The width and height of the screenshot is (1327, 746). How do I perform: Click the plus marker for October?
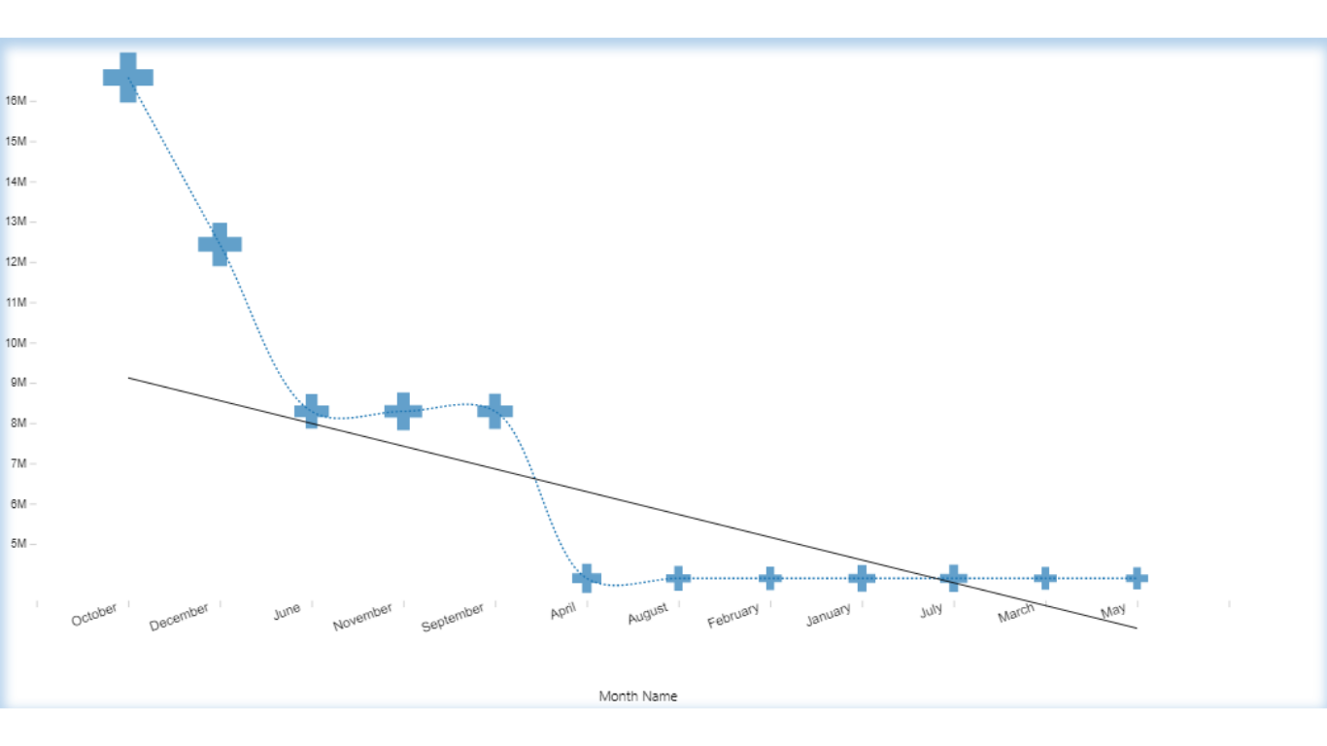128,78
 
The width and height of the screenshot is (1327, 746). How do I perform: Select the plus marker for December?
220,244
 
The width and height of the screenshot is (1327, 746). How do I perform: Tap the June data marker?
312,411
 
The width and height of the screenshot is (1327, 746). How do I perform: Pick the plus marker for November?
403,411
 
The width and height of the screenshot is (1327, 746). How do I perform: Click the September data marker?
495,411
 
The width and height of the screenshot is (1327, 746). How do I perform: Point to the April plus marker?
587,578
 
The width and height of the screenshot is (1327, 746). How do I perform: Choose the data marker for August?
678,578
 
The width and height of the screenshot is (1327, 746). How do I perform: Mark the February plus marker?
770,578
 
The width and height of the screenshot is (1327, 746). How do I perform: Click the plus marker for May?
1137,578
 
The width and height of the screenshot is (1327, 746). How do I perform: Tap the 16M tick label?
16,101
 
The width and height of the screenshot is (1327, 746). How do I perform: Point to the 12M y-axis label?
16,262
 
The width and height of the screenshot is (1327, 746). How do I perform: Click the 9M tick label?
19,383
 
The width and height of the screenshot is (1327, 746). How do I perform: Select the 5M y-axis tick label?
19,544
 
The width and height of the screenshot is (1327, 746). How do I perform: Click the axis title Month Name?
638,696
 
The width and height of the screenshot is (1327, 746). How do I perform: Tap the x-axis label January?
829,615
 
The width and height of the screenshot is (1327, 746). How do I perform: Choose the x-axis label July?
932,610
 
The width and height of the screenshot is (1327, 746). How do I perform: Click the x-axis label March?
1016,613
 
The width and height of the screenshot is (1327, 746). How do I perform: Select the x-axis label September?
453,618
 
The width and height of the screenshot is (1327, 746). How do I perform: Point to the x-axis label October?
94,615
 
